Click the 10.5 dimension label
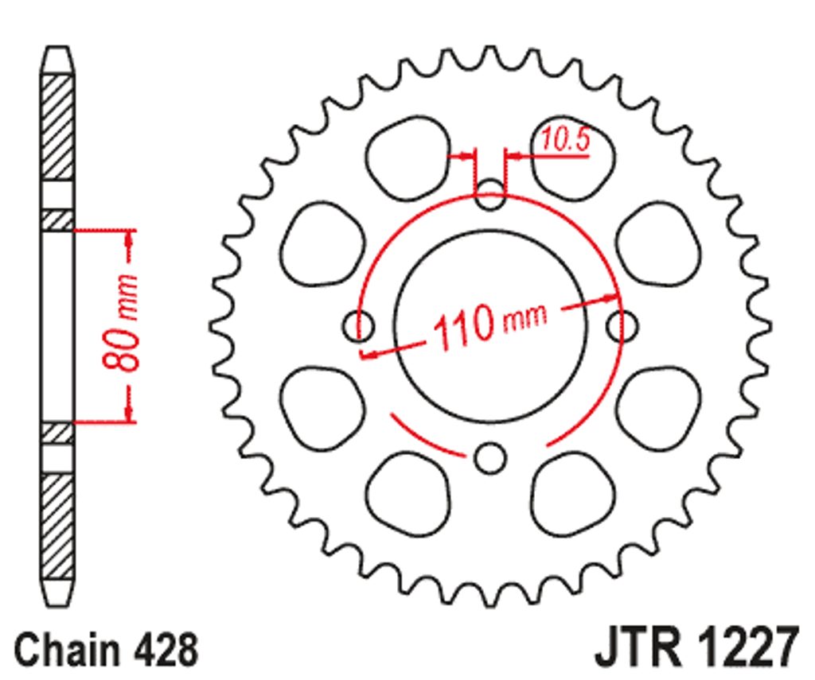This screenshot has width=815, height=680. [x=566, y=140]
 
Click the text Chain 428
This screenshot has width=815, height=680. [x=107, y=650]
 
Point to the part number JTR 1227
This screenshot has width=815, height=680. [x=696, y=647]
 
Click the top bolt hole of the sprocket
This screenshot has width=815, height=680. [x=490, y=194]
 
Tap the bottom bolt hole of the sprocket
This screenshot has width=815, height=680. [x=490, y=458]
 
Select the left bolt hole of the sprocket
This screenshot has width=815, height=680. [x=358, y=326]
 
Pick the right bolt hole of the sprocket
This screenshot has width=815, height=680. [x=622, y=326]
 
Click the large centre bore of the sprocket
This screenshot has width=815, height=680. [x=490, y=326]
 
